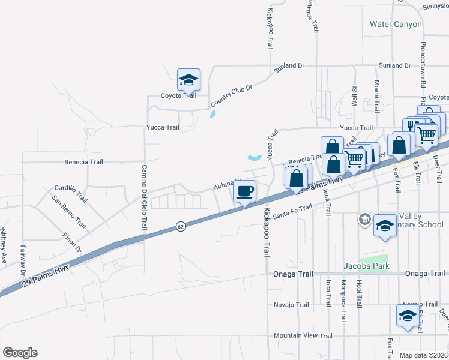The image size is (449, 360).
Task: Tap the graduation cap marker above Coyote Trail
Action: point(188,80)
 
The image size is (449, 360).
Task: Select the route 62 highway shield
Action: point(180,226)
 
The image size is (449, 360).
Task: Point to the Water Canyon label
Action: point(396,25)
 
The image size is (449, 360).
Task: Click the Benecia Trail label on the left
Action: point(84,162)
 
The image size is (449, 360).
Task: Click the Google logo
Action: point(20,353)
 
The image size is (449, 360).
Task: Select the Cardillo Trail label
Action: point(71,193)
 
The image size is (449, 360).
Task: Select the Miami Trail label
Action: point(377,96)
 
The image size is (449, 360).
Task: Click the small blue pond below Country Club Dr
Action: point(212,113)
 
